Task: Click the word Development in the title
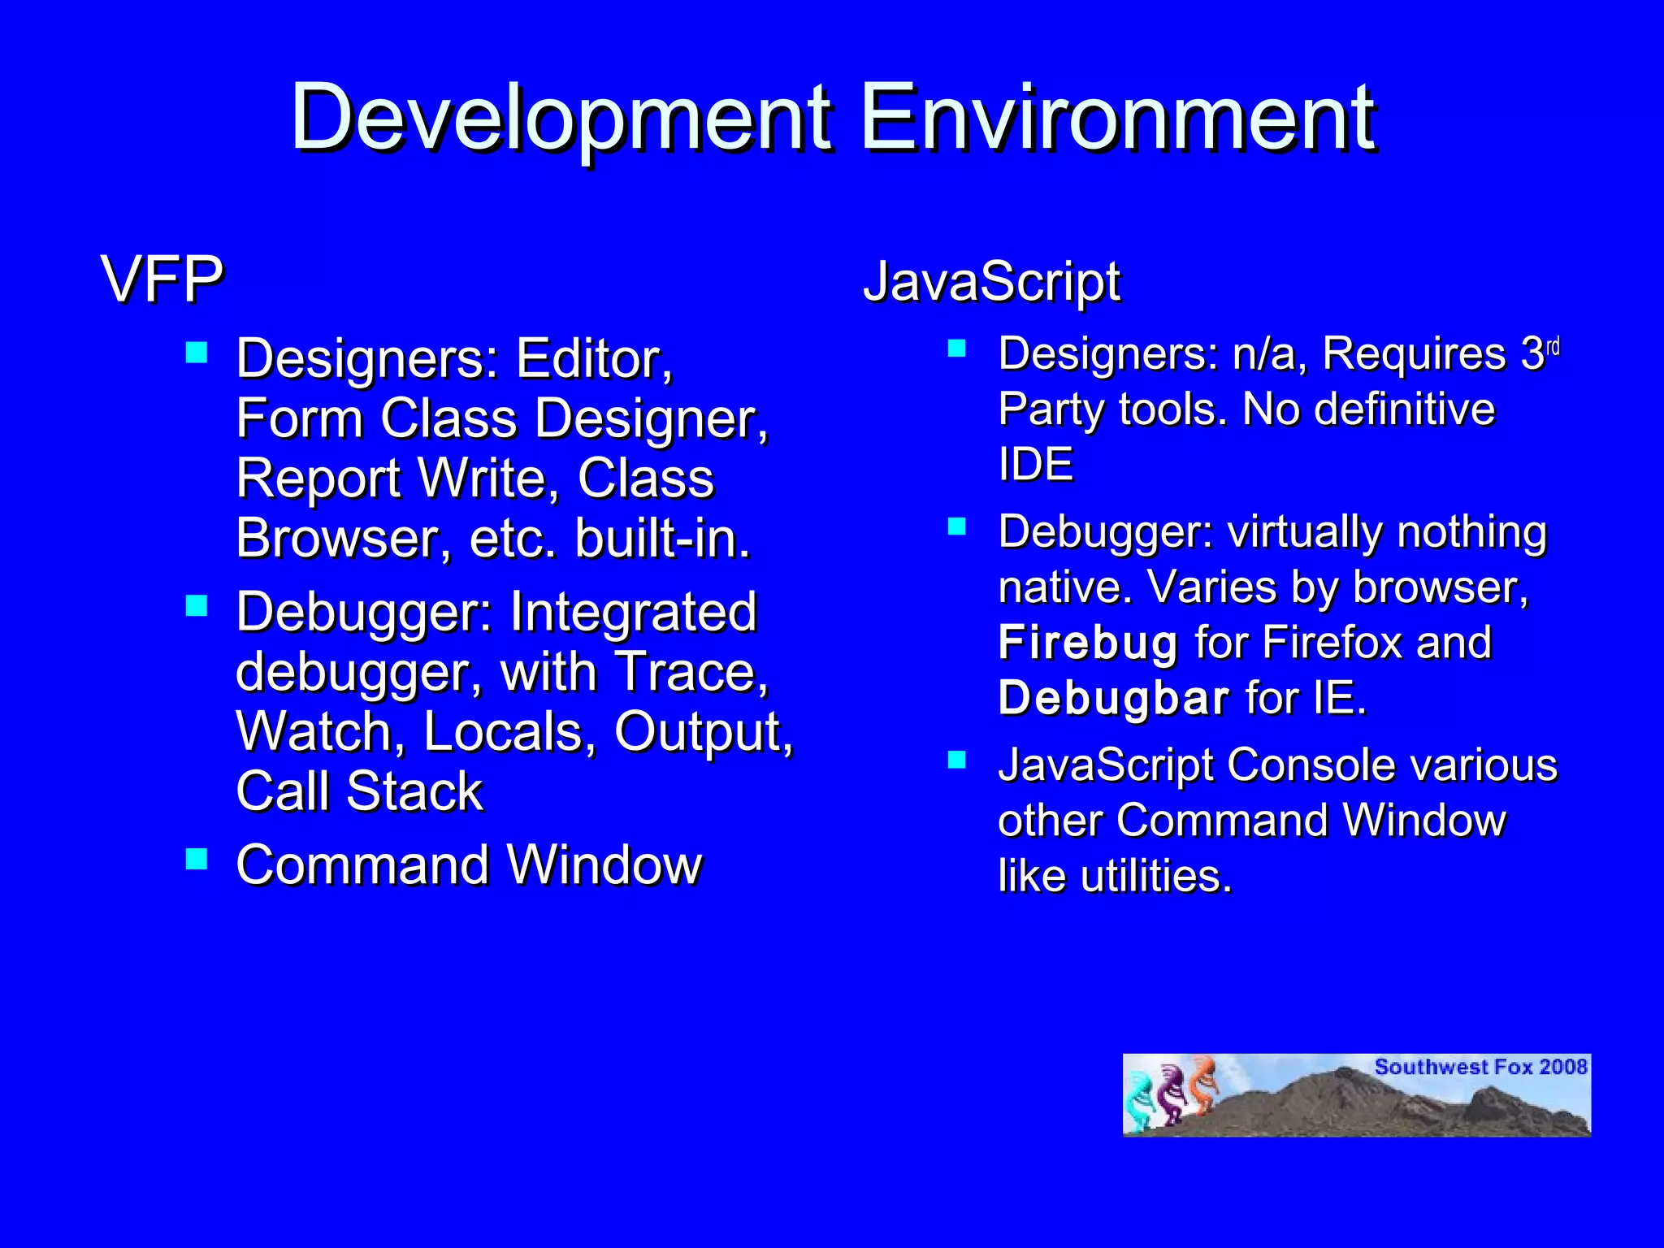561,119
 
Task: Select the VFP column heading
162,279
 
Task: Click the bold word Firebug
1088,643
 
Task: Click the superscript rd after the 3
1553,348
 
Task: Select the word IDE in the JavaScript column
1036,465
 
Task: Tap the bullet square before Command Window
197,859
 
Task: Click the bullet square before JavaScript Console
957,760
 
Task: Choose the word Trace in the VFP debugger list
690,673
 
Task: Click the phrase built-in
662,539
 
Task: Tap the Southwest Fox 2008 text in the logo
1480,1067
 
